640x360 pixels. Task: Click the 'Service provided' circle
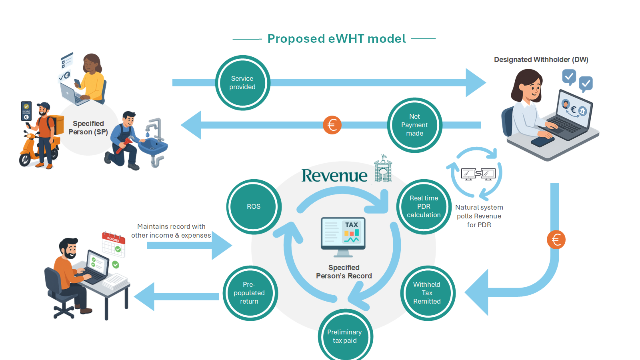click(242, 83)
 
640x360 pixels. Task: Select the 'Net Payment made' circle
click(414, 125)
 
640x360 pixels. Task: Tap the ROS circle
click(254, 206)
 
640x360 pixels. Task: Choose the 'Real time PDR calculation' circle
click(424, 206)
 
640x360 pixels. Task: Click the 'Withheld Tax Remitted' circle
click(427, 293)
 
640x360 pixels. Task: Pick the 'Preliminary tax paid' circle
click(344, 336)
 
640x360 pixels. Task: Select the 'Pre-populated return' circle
click(249, 293)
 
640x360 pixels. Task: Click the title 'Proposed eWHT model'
click(336, 39)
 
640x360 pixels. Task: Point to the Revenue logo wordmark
click(334, 176)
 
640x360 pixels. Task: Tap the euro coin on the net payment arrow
click(332, 125)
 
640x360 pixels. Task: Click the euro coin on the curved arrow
click(556, 240)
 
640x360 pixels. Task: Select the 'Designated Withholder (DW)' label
click(541, 60)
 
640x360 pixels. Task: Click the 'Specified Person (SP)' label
click(88, 128)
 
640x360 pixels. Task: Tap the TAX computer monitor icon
click(343, 236)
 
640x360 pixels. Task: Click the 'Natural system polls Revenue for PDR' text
click(479, 216)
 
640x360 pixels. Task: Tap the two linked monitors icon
click(478, 174)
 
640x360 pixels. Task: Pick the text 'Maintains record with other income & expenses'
click(171, 231)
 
